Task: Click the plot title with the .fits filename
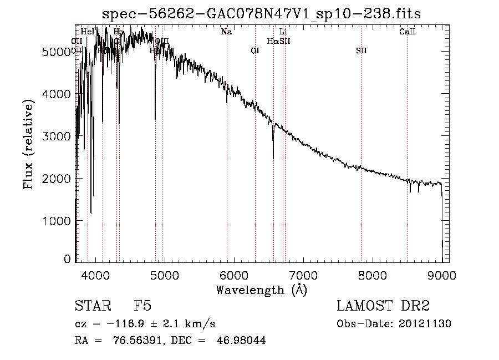[262, 14]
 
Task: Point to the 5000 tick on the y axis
[58, 52]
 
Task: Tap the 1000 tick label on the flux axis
[58, 220]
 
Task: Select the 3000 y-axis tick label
[58, 136]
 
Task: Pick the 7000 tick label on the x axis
[303, 275]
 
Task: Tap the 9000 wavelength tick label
[442, 275]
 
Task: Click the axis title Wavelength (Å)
[261, 290]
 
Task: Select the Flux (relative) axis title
[29, 144]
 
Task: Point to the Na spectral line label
[226, 32]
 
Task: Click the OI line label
[255, 51]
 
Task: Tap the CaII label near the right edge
[408, 32]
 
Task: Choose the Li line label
[283, 32]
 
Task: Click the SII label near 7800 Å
[361, 51]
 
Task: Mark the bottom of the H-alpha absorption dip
[273, 159]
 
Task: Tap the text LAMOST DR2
[383, 306]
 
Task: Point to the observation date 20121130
[427, 324]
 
